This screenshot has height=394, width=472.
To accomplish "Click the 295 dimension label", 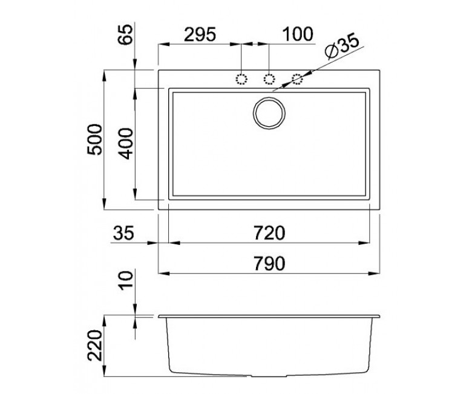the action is pyautogui.click(x=200, y=34).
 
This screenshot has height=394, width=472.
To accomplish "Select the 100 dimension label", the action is pyautogui.click(x=298, y=34).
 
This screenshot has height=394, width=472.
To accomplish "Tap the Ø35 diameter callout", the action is pyautogui.click(x=342, y=47).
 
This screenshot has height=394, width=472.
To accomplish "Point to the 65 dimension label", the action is pyautogui.click(x=125, y=34).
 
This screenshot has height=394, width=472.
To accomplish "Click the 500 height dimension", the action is pyautogui.click(x=95, y=139).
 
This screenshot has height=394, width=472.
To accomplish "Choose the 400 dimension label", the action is pyautogui.click(x=125, y=144).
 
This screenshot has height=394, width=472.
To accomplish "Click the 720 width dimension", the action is pyautogui.click(x=269, y=233).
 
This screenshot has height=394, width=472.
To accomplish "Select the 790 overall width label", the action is pyautogui.click(x=269, y=264).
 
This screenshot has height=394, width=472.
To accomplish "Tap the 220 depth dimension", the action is pyautogui.click(x=95, y=345).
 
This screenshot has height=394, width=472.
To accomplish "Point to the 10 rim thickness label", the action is pyautogui.click(x=125, y=281).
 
